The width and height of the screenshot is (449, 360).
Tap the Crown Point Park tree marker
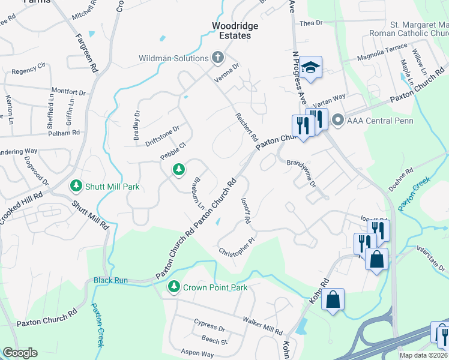coord(174,287)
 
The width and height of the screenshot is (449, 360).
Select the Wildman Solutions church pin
coord(217,58)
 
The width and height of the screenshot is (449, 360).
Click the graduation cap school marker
coord(312,67)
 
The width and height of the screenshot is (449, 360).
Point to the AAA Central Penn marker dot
coord(337,120)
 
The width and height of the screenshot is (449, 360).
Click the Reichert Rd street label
coord(246,127)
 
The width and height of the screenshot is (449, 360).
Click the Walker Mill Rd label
coord(262,328)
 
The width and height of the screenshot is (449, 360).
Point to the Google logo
coord(20,353)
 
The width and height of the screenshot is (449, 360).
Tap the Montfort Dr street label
coord(69,92)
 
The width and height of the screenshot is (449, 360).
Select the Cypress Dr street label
coord(209,329)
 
